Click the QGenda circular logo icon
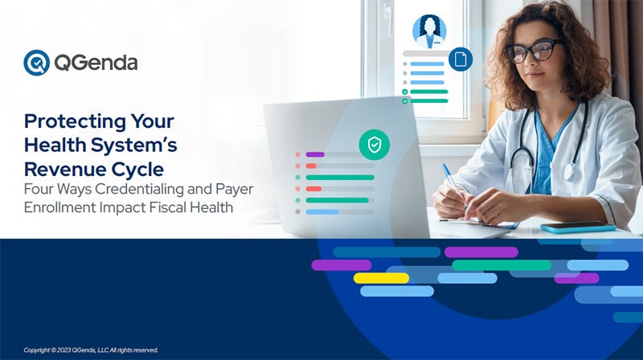click(x=36, y=63)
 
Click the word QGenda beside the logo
click(x=96, y=63)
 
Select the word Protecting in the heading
click(x=76, y=122)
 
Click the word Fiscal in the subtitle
click(x=167, y=207)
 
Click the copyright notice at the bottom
click(x=91, y=350)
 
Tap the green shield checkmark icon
click(x=375, y=145)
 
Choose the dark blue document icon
click(x=461, y=59)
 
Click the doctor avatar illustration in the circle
click(x=429, y=31)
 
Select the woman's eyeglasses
click(x=533, y=51)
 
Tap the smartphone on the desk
click(x=578, y=227)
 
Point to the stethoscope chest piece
click(x=569, y=172)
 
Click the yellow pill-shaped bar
click(x=381, y=278)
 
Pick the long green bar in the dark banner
click(x=502, y=265)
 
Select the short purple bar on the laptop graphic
click(x=315, y=154)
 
